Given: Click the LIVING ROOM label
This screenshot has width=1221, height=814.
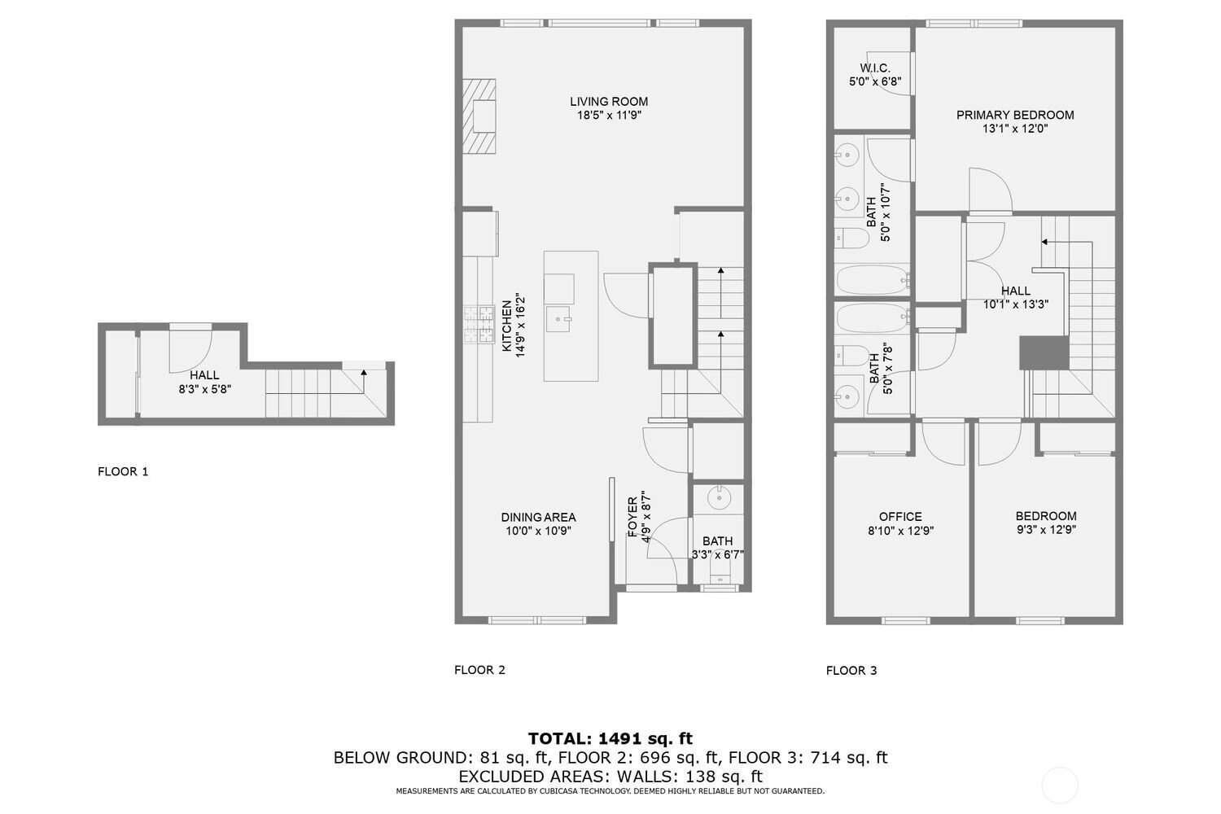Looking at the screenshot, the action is tap(609, 102).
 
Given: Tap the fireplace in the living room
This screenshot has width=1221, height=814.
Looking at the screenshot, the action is tap(479, 116).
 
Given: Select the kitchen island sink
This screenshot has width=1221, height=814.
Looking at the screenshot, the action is tap(558, 319).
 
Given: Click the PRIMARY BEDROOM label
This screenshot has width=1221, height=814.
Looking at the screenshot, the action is tap(1015, 115).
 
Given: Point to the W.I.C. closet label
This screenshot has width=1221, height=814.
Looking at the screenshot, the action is tap(875, 68).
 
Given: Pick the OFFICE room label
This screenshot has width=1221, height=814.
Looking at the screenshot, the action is tap(900, 516).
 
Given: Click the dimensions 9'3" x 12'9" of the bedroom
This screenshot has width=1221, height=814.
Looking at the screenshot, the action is tap(1046, 529).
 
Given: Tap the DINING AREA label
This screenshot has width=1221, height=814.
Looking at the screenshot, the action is tap(538, 517).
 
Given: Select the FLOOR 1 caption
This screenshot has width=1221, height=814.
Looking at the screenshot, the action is tap(123, 471).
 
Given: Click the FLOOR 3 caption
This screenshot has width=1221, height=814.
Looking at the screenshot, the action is tap(851, 671).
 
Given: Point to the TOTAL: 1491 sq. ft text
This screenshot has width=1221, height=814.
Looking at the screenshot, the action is tap(610, 739).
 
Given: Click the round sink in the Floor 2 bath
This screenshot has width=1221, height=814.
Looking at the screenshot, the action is tap(719, 497).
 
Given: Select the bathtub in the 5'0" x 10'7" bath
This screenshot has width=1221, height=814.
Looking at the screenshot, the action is tap(872, 280).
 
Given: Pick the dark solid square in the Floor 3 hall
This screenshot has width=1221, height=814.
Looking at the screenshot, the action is tap(1044, 352).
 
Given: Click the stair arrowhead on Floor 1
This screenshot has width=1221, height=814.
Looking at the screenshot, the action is tap(364, 373).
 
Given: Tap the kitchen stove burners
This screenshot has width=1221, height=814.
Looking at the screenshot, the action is tap(479, 325).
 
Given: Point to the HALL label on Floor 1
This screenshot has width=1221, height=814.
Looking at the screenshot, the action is tap(204, 375).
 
